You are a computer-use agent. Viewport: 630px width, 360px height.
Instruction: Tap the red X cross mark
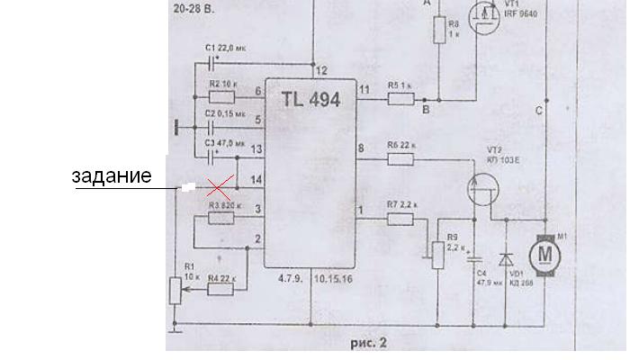coord(217,187)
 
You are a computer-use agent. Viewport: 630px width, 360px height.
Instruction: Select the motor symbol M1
coord(544,253)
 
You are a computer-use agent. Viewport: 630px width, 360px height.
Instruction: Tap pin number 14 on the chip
coord(258,180)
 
